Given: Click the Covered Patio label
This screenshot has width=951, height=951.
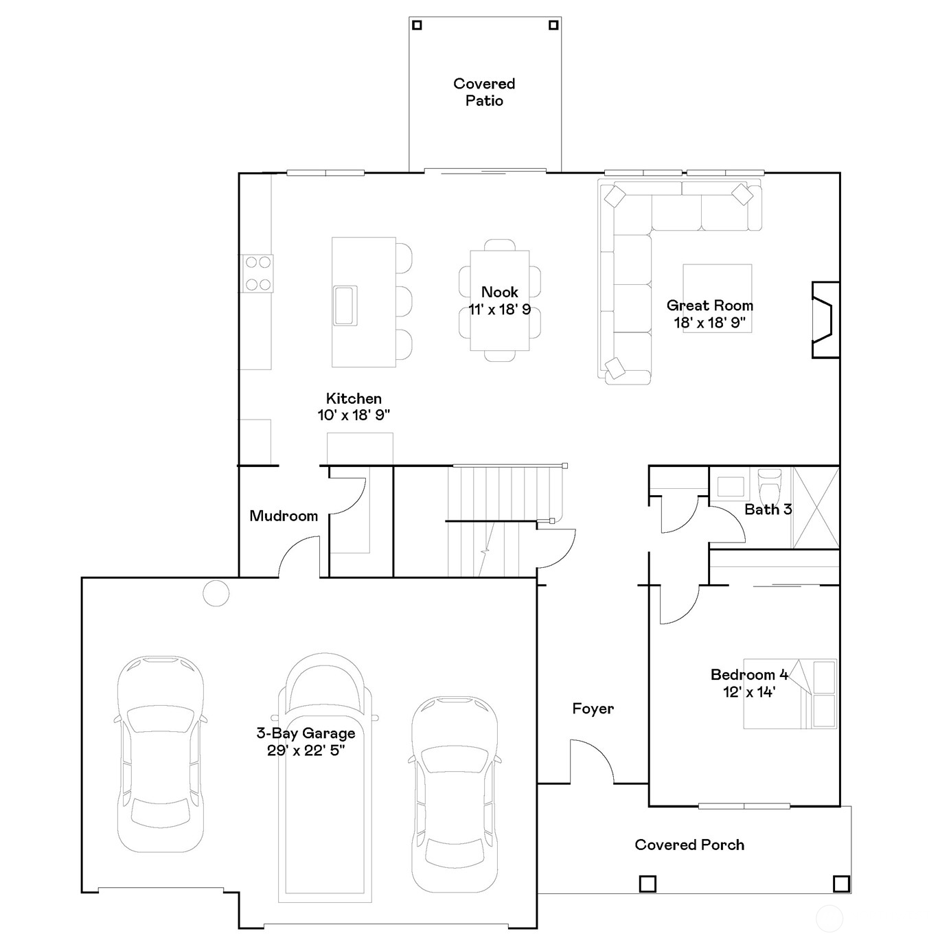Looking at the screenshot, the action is click(484, 92).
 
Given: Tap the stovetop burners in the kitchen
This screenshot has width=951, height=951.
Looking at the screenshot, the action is click(257, 273).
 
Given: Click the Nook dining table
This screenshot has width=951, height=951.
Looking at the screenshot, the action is click(499, 301).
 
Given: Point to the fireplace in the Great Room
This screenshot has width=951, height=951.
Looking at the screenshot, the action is click(825, 320).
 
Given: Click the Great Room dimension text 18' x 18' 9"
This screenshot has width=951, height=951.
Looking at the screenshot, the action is click(710, 323).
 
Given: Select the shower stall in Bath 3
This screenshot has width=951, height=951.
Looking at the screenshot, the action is click(816, 508).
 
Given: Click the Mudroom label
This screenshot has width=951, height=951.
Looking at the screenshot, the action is click(284, 516).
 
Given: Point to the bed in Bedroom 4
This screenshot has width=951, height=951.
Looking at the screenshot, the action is click(790, 694).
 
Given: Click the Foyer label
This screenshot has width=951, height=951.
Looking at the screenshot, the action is click(593, 709).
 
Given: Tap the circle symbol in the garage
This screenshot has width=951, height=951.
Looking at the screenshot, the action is click(216, 593).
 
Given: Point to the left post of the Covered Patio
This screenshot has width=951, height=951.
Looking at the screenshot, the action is click(417, 25).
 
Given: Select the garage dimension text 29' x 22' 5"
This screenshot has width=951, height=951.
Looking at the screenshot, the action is click(306, 751).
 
